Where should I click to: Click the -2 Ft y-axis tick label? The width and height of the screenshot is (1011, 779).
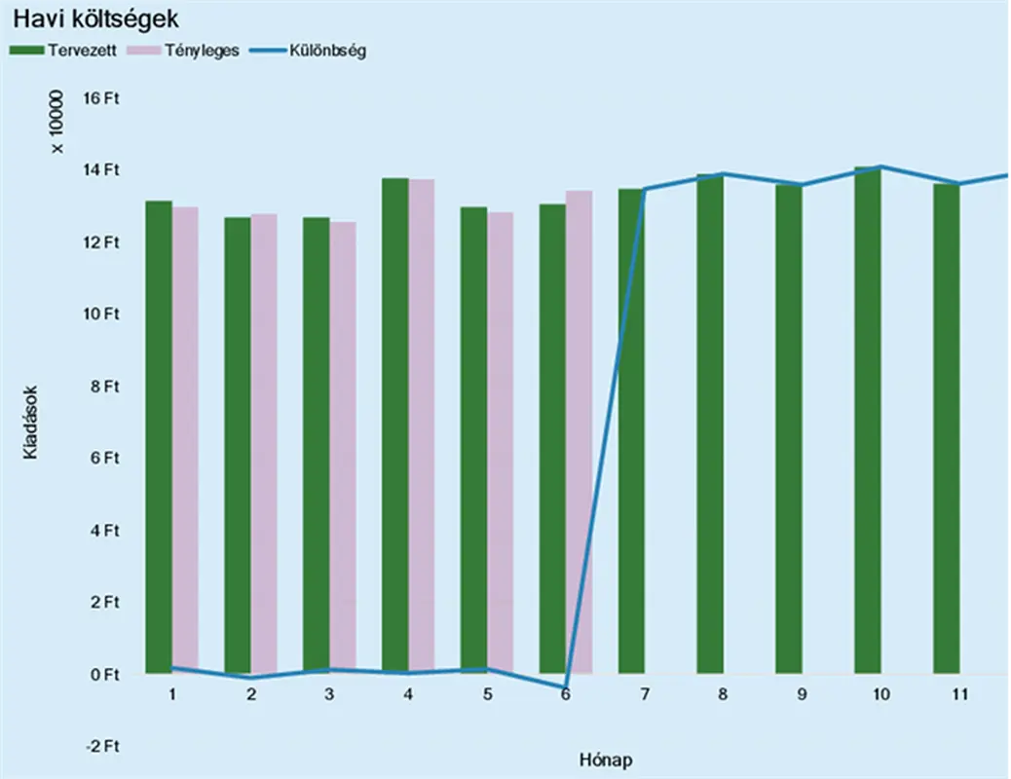pyautogui.click(x=100, y=746)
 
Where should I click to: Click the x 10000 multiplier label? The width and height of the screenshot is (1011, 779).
pyautogui.click(x=56, y=122)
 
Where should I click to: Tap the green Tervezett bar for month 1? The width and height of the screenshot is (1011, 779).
pyautogui.click(x=159, y=438)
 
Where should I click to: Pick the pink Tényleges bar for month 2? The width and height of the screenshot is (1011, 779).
pyautogui.click(x=264, y=444)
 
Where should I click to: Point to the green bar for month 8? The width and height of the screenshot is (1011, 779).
pyautogui.click(x=710, y=425)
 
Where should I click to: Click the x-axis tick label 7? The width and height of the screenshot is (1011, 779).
pyautogui.click(x=645, y=694)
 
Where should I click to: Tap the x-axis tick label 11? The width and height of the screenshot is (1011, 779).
pyautogui.click(x=959, y=694)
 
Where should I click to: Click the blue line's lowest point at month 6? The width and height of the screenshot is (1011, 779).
pyautogui.click(x=566, y=686)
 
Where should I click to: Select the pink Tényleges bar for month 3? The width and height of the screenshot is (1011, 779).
pyautogui.click(x=343, y=448)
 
